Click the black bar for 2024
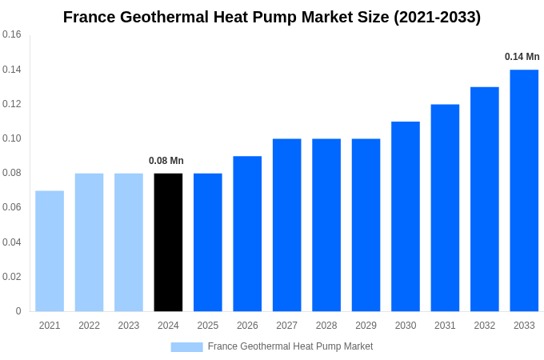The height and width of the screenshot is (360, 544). pos(168,242)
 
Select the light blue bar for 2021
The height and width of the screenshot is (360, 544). pos(50,250)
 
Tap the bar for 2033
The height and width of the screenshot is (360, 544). pos(524,190)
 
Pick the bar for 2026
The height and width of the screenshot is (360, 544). pos(247,233)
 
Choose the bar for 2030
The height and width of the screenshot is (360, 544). pos(406,216)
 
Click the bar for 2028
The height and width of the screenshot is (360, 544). pos(326,225)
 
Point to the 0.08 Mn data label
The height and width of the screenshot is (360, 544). pos(166,161)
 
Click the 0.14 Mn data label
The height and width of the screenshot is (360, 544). pos(522,57)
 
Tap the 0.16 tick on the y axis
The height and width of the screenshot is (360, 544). pos(12,35)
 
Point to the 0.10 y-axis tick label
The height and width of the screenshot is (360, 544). pos(12,138)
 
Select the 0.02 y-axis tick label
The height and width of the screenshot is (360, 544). pos(12,277)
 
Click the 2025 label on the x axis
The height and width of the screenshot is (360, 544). pos(208,326)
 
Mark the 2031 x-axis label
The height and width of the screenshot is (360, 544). pos(445,326)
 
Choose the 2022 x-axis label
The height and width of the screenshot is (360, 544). pos(89,326)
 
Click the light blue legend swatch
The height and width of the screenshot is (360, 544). pos(186,346)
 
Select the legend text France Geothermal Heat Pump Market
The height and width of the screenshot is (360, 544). pos(290,346)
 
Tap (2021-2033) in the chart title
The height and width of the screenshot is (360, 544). pos(437,17)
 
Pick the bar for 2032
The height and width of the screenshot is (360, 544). pos(485,198)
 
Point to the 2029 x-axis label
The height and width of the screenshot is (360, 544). pos(366,326)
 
